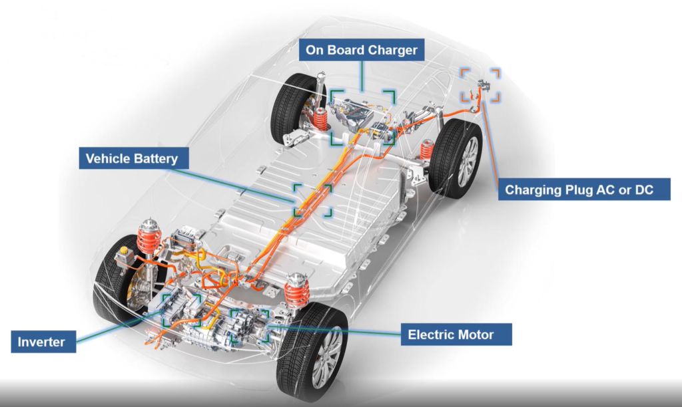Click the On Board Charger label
[x=362, y=51]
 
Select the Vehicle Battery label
[x=133, y=159]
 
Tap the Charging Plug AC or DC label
[x=578, y=190]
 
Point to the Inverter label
[x=41, y=342]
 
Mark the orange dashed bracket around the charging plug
[x=481, y=84]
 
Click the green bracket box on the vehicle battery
[x=312, y=200]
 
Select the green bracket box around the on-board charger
[x=362, y=117]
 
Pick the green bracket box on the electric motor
[x=249, y=325]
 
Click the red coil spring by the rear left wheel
[x=320, y=120]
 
